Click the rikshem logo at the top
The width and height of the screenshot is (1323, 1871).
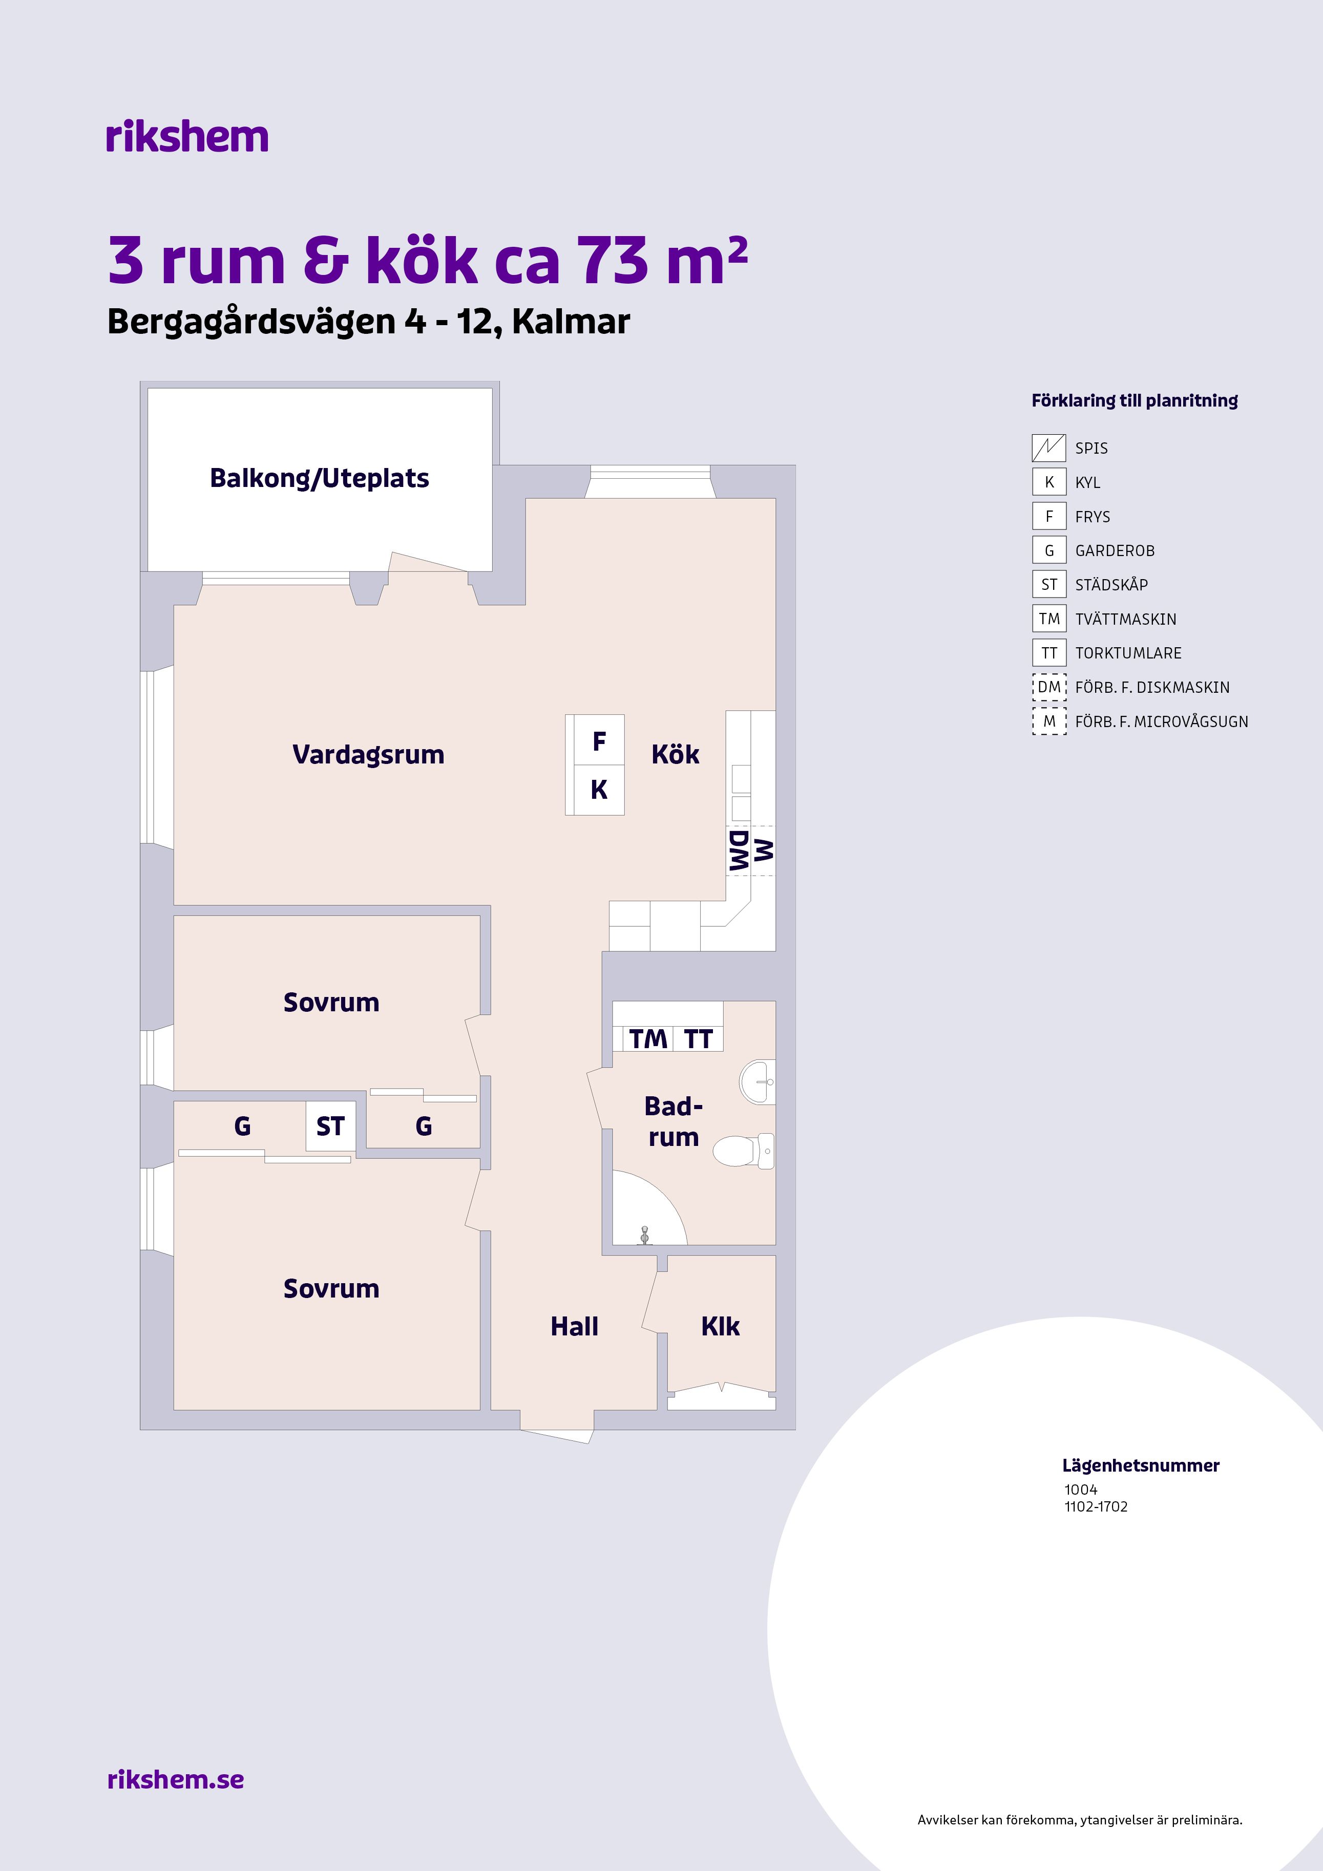tap(186, 136)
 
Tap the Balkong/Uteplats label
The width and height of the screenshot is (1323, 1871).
tap(320, 478)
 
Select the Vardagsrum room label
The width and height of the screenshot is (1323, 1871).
tap(368, 755)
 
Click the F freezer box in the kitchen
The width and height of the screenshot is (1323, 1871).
tap(599, 741)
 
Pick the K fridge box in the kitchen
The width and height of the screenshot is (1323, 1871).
tap(599, 790)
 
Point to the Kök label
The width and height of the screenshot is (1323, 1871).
tap(675, 755)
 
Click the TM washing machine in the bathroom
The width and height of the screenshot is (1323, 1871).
tap(648, 1039)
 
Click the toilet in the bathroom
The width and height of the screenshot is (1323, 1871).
tap(743, 1151)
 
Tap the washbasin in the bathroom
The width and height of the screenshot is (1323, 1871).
tap(758, 1082)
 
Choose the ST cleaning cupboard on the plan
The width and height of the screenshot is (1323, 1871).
tap(330, 1126)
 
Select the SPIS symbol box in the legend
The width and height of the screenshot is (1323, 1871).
tap(1049, 448)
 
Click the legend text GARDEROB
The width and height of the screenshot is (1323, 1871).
tap(1115, 551)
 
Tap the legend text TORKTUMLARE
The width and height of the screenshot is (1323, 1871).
tap(1128, 653)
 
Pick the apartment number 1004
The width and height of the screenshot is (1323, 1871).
tap(1081, 1490)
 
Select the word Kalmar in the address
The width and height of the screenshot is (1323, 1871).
tap(572, 322)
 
